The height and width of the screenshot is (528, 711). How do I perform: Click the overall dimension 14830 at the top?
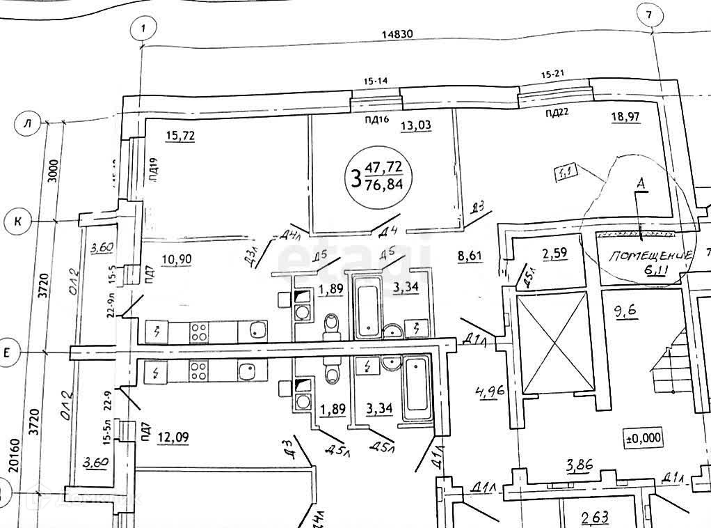point(399,34)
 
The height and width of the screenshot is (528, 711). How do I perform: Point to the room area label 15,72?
point(179,135)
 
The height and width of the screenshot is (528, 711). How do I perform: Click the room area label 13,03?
point(416,125)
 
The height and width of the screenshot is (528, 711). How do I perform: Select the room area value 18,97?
point(625,117)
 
